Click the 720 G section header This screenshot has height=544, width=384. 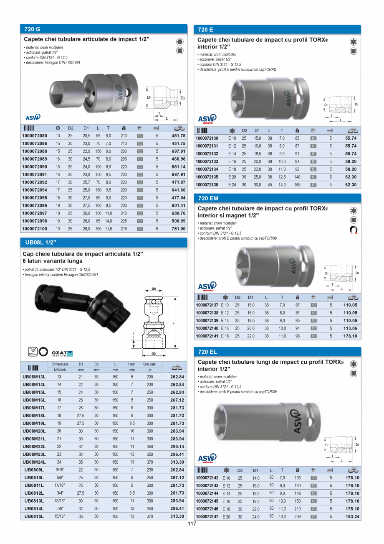pyautogui.click(x=32, y=29)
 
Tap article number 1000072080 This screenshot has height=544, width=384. pyautogui.click(x=34, y=136)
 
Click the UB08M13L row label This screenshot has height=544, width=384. pyautogui.click(x=34, y=377)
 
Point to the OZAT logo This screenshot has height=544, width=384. pyautogui.click(x=62, y=353)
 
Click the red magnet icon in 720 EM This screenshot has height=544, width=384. pyautogui.click(x=353, y=230)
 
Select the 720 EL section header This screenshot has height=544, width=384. pyautogui.click(x=207, y=352)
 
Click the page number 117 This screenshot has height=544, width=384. pyautogui.click(x=192, y=524)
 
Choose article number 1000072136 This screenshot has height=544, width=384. pyautogui.click(x=207, y=184)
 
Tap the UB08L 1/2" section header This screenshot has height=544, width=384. pyautogui.click(x=40, y=242)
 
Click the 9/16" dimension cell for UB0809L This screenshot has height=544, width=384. pyautogui.click(x=59, y=470)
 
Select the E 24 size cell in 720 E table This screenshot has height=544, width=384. pyautogui.click(x=232, y=184)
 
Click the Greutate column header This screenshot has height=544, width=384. pyautogui.click(x=149, y=364)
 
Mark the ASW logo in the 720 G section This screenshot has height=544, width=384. pyautogui.click(x=33, y=117)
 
